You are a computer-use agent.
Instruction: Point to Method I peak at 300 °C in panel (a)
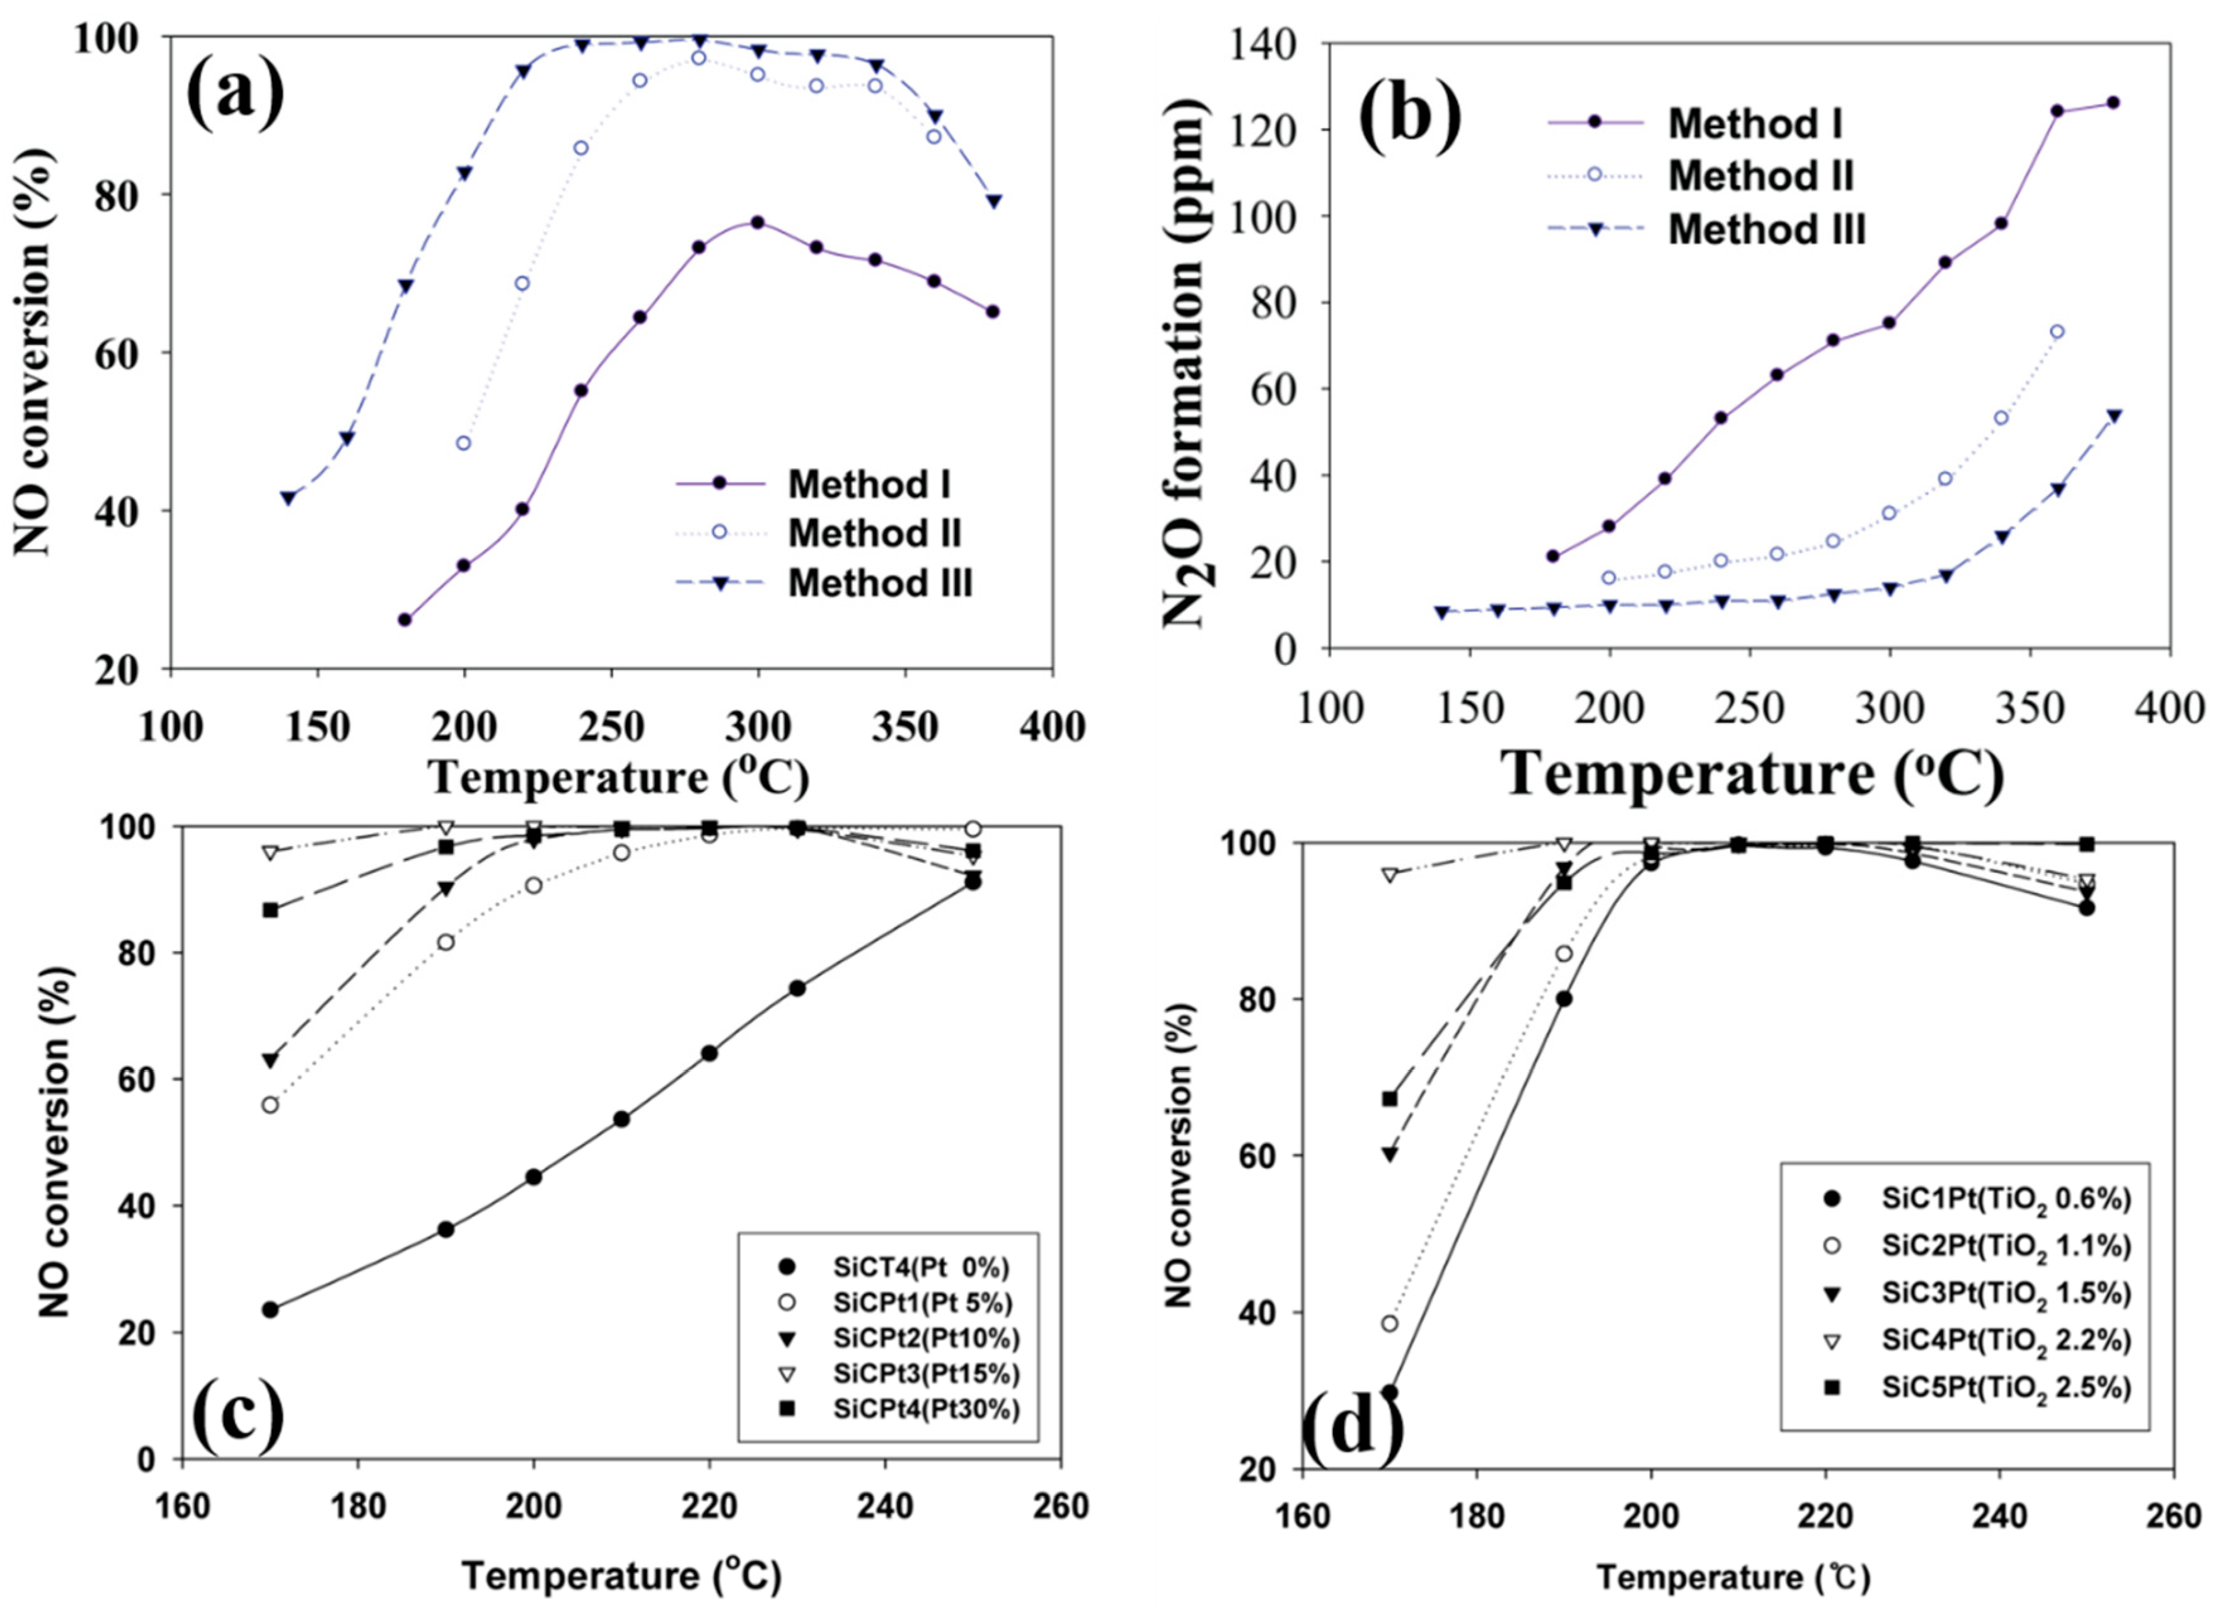pyautogui.click(x=758, y=222)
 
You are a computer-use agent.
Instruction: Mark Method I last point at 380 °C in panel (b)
pyautogui.click(x=2113, y=103)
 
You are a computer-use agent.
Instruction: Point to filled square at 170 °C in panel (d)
pyautogui.click(x=1389, y=1099)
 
